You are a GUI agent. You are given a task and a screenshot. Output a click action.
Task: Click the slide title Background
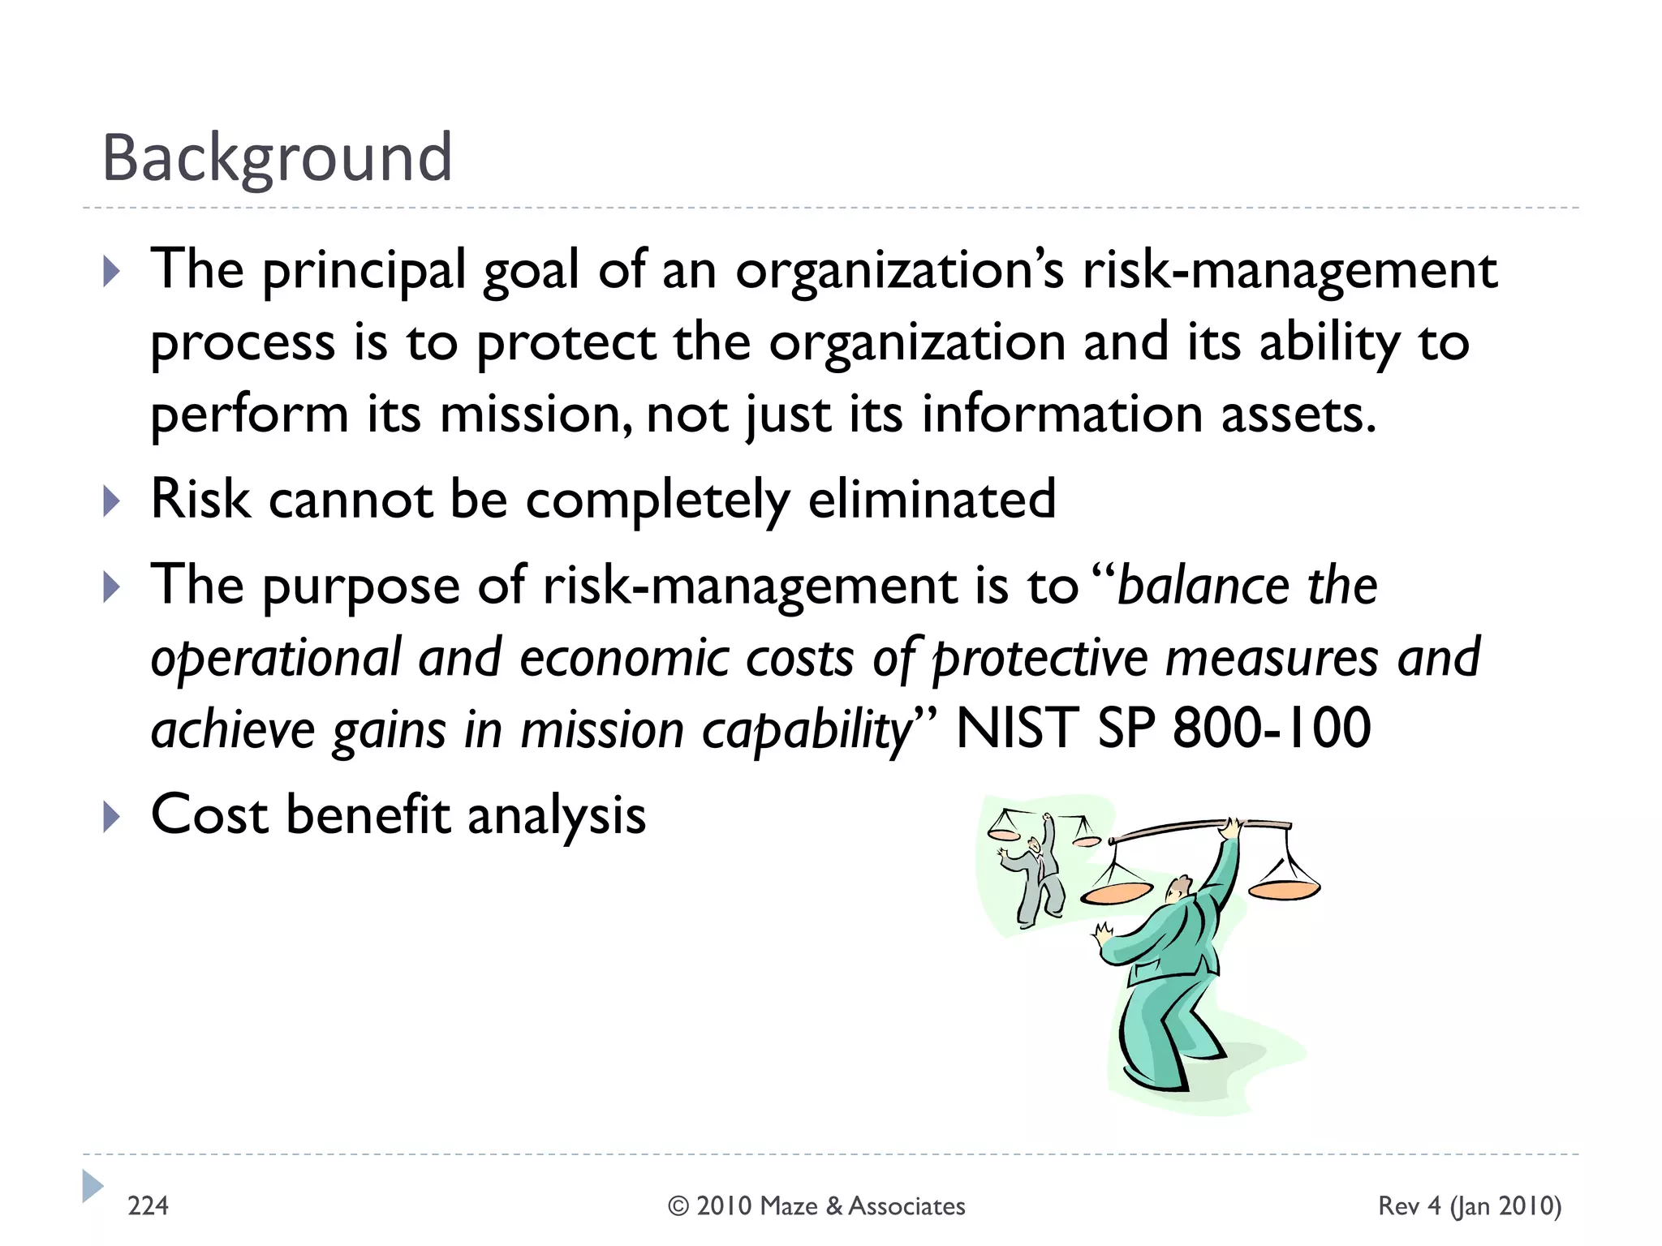277,157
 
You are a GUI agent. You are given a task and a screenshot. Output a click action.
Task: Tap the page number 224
148,1206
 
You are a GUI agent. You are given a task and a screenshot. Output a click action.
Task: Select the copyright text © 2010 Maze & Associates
816,1206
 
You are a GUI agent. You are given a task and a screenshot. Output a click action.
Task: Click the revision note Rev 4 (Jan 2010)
1470,1206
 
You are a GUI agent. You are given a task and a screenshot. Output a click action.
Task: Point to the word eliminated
932,499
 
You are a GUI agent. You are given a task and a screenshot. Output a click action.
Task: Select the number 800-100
1272,728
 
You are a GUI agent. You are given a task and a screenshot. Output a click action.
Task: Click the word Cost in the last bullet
209,814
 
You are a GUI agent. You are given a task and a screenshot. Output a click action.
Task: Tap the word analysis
557,816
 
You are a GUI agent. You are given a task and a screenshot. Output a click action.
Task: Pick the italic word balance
1203,586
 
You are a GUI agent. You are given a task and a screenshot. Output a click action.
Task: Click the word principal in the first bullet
364,271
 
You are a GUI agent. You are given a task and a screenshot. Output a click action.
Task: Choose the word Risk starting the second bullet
200,499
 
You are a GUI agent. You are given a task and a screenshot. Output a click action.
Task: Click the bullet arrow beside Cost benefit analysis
112,817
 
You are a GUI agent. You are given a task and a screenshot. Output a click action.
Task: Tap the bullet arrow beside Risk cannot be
112,501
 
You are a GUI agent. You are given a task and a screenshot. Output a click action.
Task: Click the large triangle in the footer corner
93,1186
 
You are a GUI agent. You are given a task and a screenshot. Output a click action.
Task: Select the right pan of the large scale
1284,887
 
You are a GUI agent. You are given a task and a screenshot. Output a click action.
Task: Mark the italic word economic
623,658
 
